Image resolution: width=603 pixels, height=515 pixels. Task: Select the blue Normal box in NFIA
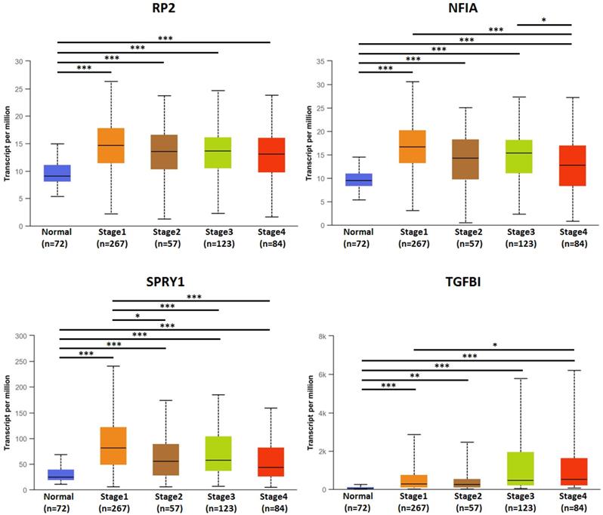click(x=359, y=180)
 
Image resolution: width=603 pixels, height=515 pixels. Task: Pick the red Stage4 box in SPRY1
click(x=271, y=461)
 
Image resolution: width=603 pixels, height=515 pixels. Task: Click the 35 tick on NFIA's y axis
click(x=329, y=60)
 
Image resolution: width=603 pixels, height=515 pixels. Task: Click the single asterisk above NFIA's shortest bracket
click(x=544, y=20)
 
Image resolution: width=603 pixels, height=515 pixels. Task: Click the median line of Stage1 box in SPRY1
click(x=112, y=448)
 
